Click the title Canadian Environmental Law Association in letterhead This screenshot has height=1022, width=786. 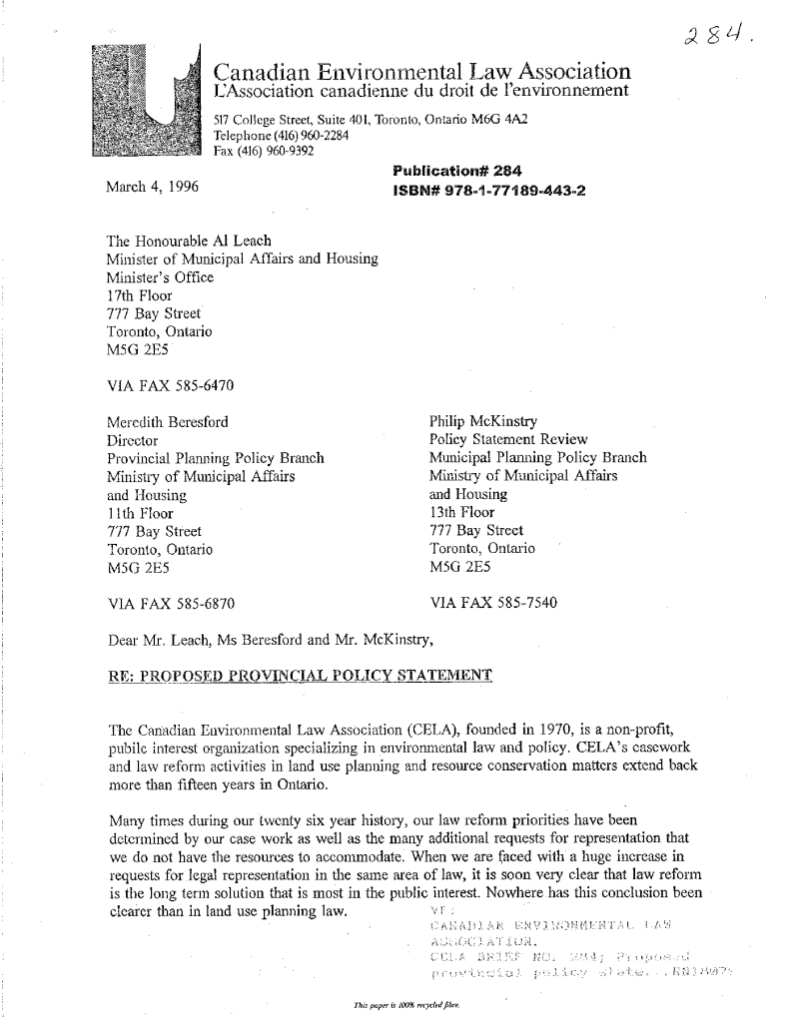coord(423,72)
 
